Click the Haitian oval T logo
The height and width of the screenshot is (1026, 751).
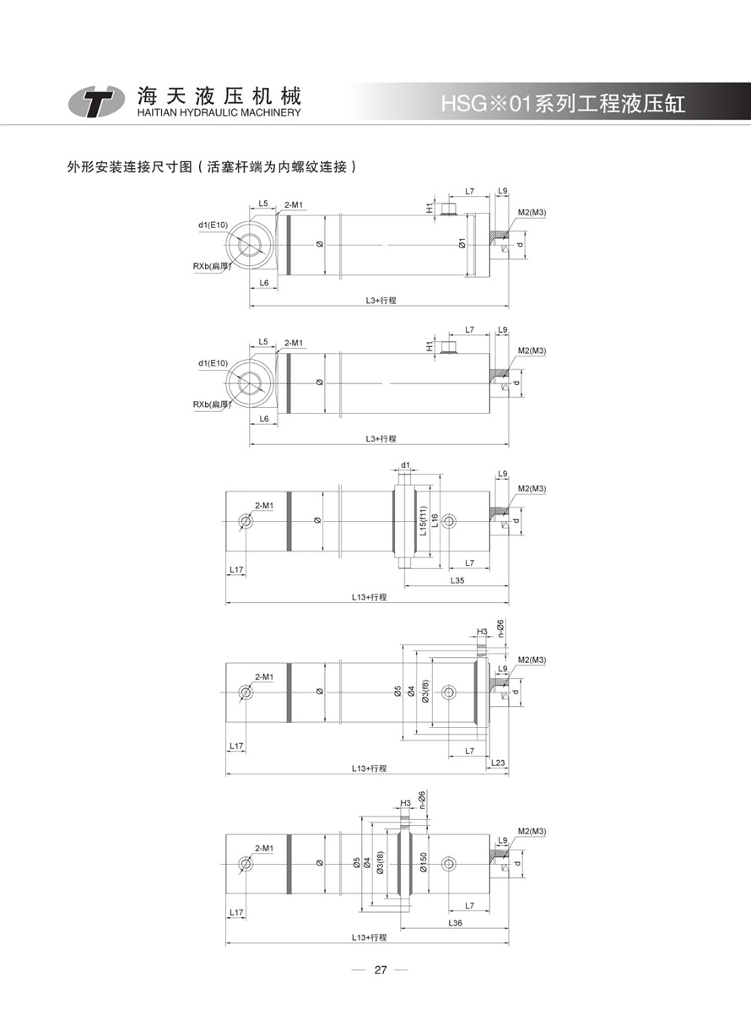click(96, 100)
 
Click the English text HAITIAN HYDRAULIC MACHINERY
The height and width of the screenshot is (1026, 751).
click(219, 112)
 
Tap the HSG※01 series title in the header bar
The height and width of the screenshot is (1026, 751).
click(563, 104)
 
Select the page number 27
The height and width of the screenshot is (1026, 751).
click(381, 969)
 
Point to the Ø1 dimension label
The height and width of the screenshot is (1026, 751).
click(462, 243)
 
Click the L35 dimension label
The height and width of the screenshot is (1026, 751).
click(457, 580)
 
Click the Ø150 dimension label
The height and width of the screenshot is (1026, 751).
click(424, 862)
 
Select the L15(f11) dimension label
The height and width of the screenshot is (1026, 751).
click(424, 521)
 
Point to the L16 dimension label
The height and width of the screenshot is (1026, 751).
click(435, 520)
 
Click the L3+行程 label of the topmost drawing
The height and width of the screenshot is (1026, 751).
click(381, 301)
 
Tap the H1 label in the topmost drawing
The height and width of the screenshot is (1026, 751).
click(430, 208)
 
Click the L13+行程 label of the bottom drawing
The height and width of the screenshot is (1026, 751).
click(369, 937)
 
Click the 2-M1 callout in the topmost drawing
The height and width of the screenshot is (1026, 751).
click(294, 204)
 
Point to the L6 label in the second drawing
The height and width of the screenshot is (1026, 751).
click(264, 419)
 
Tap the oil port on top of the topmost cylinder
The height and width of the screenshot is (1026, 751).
click(450, 209)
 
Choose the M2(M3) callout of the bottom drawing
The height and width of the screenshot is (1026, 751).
click(532, 831)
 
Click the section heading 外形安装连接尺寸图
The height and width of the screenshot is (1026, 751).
click(129, 167)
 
